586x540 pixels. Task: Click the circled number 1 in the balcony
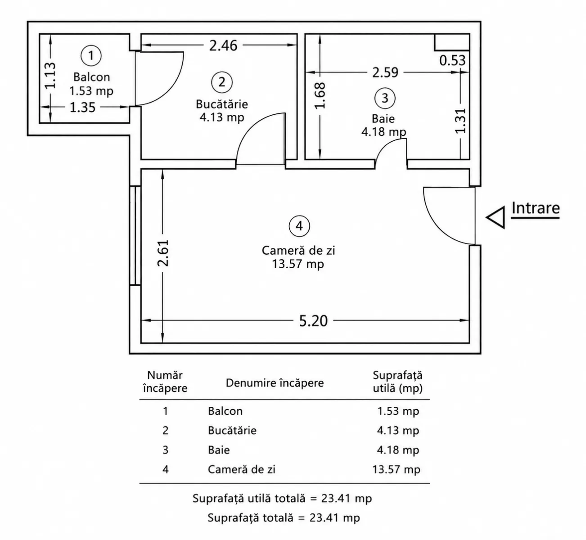point(91,55)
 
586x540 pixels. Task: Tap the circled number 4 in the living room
point(299,226)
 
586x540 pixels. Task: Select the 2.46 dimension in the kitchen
point(223,45)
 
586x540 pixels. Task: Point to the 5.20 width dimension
point(313,321)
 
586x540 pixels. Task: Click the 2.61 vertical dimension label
point(163,253)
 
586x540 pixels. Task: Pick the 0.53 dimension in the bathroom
point(452,60)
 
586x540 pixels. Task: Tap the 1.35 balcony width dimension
point(82,107)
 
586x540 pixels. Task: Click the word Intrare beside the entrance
point(536,208)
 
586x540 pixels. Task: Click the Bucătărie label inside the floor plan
point(222,104)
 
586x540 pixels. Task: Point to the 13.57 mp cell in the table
point(396,470)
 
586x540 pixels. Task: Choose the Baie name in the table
point(219,450)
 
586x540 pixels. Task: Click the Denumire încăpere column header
point(275,383)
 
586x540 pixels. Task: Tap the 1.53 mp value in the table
point(398,411)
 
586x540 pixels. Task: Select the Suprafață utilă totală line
point(282,499)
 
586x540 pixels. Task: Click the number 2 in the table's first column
point(165,430)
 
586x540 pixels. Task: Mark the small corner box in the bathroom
point(452,42)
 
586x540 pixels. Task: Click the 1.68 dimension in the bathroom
point(320,95)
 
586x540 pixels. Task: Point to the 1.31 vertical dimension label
point(461,121)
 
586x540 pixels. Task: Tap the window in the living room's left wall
point(135,235)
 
